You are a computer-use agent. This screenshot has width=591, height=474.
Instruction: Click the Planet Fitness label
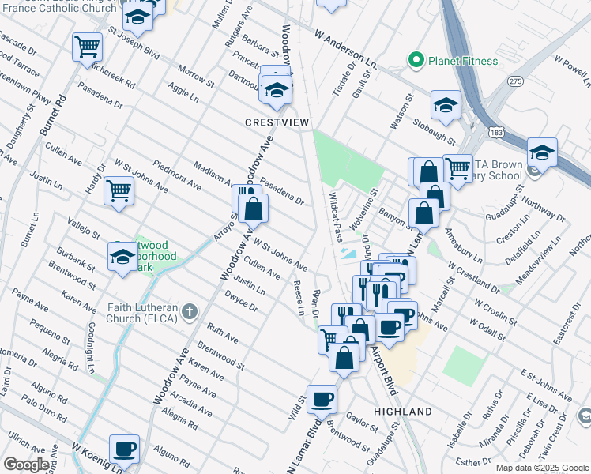463,61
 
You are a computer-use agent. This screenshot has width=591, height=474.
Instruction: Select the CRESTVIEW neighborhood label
276,122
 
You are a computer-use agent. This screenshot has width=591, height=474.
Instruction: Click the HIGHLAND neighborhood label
403,412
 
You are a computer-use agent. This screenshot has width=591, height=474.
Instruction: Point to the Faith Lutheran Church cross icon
188,311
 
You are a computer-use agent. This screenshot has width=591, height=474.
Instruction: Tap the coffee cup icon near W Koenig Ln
124,450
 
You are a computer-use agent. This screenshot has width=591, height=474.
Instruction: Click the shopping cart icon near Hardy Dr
118,189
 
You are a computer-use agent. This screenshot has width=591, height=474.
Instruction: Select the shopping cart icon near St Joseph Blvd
87,45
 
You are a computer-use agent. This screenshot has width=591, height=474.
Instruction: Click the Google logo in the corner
26,465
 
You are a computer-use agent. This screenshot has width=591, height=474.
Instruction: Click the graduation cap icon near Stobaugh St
446,105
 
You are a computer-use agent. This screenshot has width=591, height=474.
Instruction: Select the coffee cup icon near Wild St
322,399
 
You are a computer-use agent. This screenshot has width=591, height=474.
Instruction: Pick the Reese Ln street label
299,297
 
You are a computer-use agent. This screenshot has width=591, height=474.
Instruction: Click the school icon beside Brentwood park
123,256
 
